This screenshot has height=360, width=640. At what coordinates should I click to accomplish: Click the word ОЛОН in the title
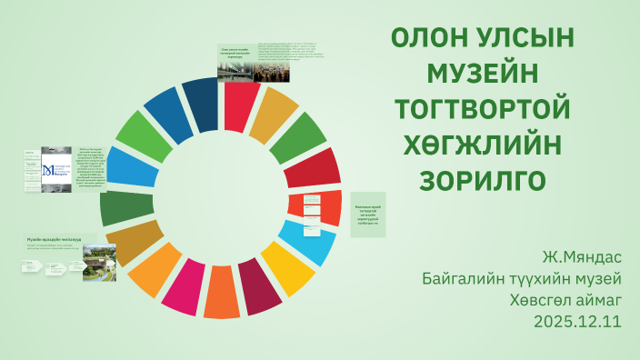(x=432, y=40)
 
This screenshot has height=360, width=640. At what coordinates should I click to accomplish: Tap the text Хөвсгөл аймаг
(x=565, y=299)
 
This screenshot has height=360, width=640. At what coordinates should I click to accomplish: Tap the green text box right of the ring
(x=368, y=215)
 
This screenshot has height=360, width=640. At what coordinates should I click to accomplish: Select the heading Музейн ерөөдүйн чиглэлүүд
(x=55, y=238)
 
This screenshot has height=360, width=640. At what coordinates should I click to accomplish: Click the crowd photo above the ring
(x=271, y=70)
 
